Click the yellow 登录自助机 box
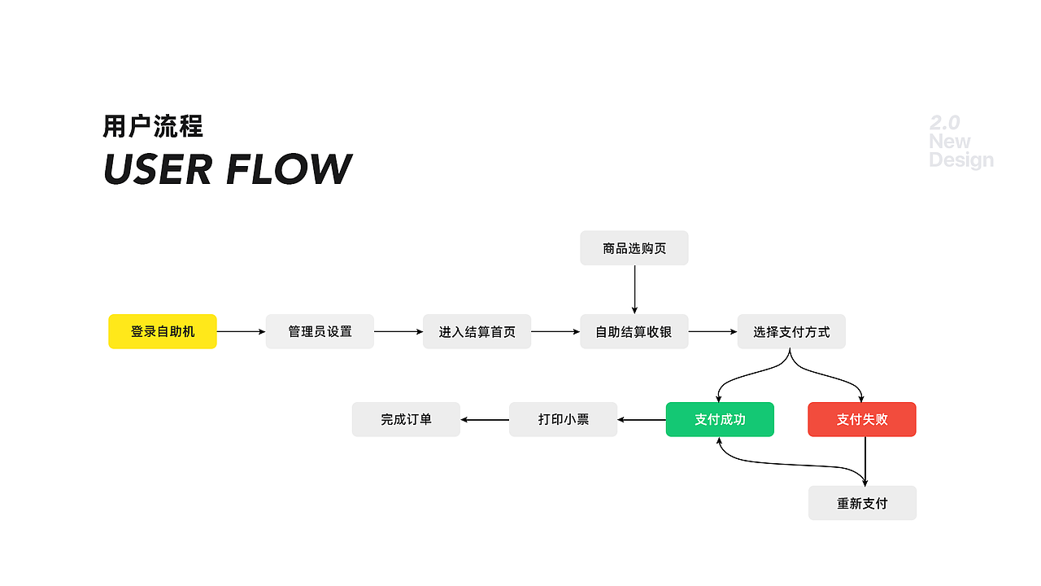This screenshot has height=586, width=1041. point(163,331)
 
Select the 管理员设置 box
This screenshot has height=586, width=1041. point(320,331)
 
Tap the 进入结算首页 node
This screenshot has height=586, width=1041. point(477,331)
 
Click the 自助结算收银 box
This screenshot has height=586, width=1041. point(634,331)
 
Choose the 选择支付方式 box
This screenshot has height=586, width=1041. point(791,331)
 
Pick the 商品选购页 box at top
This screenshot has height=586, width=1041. point(634,247)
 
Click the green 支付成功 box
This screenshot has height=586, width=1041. point(720,419)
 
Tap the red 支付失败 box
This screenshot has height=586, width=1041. point(862,419)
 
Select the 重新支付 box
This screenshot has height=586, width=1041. point(862,503)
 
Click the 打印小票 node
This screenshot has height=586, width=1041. point(563,419)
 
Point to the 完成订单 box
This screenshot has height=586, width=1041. point(406,419)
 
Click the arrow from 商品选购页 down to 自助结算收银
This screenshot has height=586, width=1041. point(634,289)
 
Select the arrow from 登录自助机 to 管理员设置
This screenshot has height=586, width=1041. point(241,331)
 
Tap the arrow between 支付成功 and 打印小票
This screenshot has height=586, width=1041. point(642,420)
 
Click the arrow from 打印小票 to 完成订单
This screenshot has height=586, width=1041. point(485,420)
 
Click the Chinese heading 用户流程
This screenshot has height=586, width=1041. point(153,126)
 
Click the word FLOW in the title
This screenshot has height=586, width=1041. point(289,169)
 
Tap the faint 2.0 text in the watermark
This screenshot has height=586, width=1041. point(945,123)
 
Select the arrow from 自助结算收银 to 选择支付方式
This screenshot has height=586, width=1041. point(712,331)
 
